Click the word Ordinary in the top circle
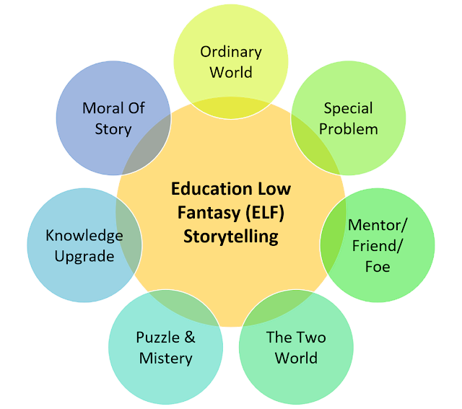[x=231, y=53]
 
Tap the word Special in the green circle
[x=348, y=109]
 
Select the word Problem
[x=349, y=129]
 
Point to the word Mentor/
[x=378, y=226]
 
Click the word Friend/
[x=377, y=246]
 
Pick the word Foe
[x=378, y=267]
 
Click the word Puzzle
[x=157, y=338]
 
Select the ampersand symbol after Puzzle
[x=190, y=338]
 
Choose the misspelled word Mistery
[x=166, y=359]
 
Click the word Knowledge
[x=84, y=236]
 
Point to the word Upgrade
[x=84, y=257]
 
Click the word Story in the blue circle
[x=113, y=130]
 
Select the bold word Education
[x=212, y=189]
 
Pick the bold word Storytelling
[x=231, y=237]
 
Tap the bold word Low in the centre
[x=274, y=189]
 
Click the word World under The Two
[x=296, y=359]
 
